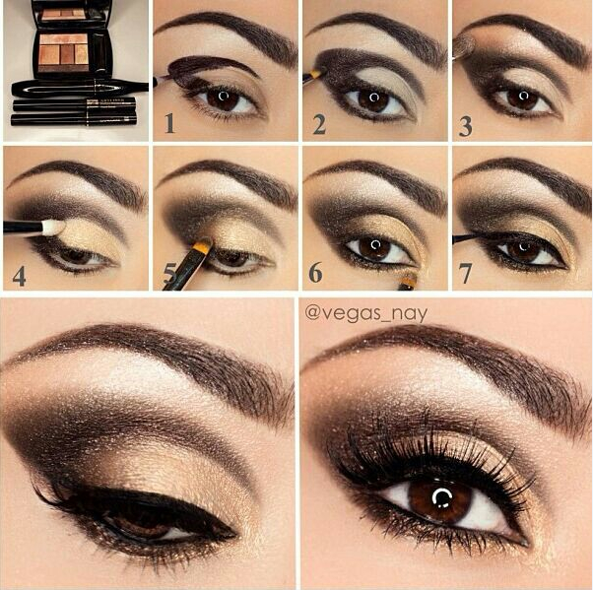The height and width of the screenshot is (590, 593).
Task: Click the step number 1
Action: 169,123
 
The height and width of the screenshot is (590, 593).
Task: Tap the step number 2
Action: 319,123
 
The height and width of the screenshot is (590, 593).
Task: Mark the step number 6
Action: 317,273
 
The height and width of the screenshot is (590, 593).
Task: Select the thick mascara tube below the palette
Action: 74,87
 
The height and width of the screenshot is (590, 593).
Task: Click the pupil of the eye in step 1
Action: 225,98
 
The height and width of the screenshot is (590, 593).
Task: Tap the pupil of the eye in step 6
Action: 374,245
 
